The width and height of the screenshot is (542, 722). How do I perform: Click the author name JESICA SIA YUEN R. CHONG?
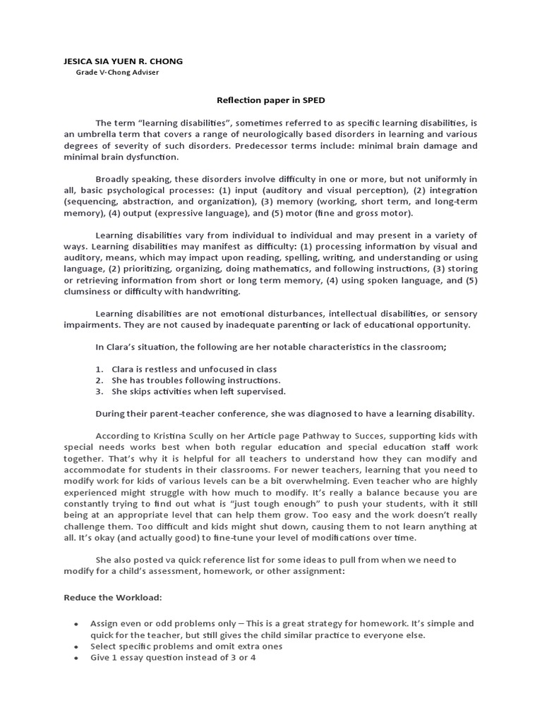pyautogui.click(x=123, y=61)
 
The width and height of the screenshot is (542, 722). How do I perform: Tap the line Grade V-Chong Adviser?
pyautogui.click(x=117, y=73)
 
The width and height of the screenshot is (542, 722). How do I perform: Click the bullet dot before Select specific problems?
pyautogui.click(x=76, y=647)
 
